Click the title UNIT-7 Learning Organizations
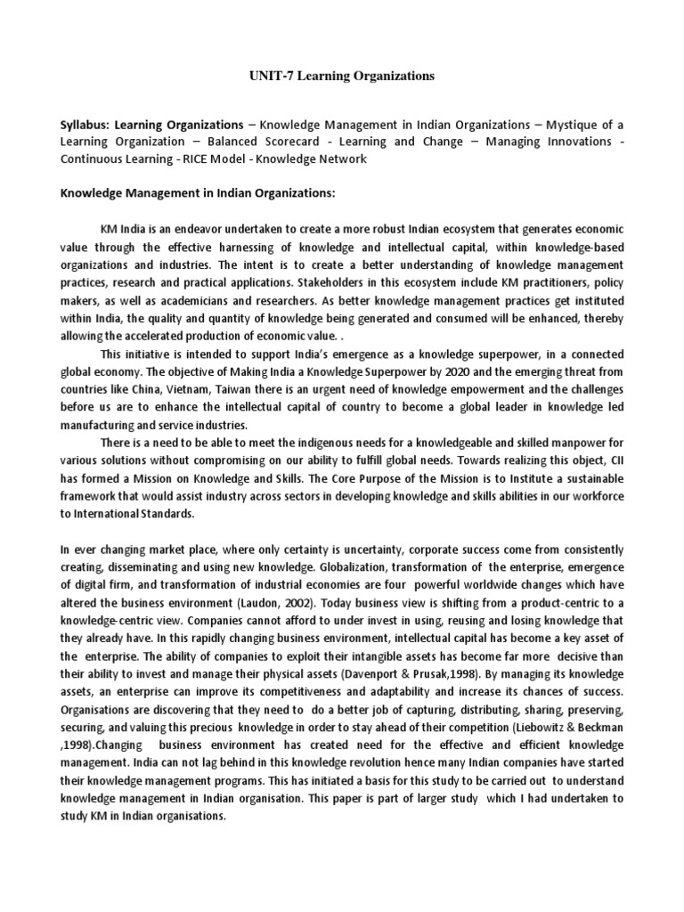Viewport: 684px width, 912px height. (341, 77)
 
